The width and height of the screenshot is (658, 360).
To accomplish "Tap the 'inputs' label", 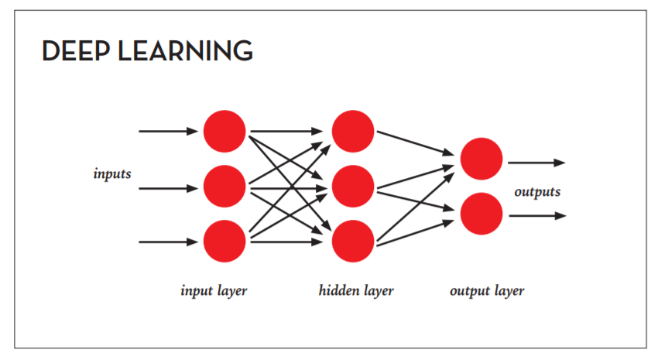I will (x=112, y=173).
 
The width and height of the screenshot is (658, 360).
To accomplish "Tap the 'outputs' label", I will (x=537, y=191).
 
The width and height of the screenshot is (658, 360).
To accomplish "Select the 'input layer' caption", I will (x=214, y=291).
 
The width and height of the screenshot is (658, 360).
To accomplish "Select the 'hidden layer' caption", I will (x=356, y=291).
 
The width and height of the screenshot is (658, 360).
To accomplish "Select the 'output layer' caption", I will (x=487, y=291).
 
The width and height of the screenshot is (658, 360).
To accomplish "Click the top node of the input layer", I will (x=224, y=132).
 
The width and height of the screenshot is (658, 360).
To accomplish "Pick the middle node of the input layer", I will (x=224, y=187).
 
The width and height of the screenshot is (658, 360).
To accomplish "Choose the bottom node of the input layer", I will (x=224, y=242).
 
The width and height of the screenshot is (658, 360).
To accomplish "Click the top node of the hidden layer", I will (x=354, y=132).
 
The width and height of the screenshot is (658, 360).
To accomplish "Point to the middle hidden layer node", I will (x=354, y=187).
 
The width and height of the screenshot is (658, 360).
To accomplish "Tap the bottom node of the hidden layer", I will (x=354, y=242).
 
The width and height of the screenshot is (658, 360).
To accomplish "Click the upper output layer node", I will (x=482, y=159).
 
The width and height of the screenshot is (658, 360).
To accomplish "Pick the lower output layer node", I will (x=482, y=214).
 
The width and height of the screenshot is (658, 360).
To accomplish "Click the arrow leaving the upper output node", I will (x=536, y=163).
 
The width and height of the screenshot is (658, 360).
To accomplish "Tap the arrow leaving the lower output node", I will (x=536, y=216).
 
